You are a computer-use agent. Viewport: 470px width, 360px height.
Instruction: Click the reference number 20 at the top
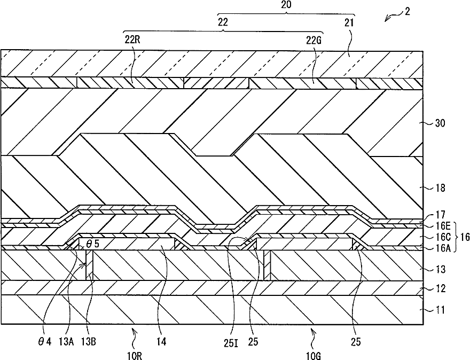tap(286, 5)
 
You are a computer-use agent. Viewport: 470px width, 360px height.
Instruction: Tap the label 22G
tap(314, 39)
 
